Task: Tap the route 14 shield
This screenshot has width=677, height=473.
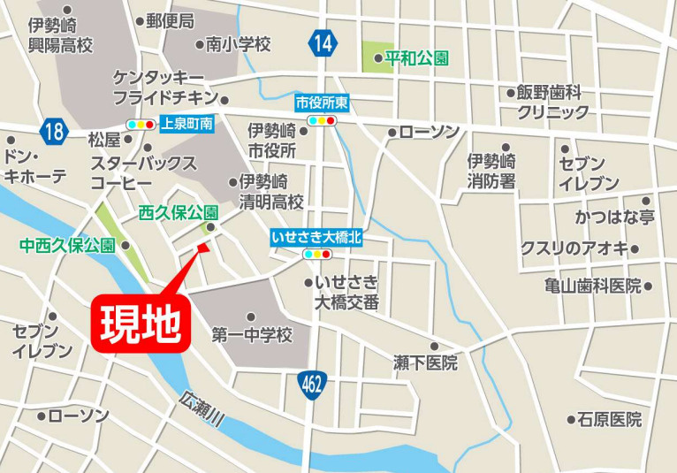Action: pyautogui.click(x=323, y=42)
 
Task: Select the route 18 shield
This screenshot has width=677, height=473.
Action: pyautogui.click(x=54, y=133)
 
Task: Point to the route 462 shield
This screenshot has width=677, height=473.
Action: pyautogui.click(x=311, y=384)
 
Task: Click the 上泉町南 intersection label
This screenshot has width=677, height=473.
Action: pyautogui.click(x=187, y=125)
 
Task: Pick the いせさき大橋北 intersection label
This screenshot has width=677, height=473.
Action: pyautogui.click(x=317, y=238)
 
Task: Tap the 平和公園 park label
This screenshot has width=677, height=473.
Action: pyautogui.click(x=416, y=59)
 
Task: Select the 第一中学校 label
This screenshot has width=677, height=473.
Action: pyautogui.click(x=252, y=335)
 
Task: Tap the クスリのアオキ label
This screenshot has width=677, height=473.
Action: pyautogui.click(x=574, y=248)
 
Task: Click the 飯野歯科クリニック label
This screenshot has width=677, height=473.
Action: pyautogui.click(x=552, y=102)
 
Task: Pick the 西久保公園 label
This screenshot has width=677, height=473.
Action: pyautogui.click(x=179, y=213)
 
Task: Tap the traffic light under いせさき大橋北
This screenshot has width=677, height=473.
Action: pyautogui.click(x=317, y=255)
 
